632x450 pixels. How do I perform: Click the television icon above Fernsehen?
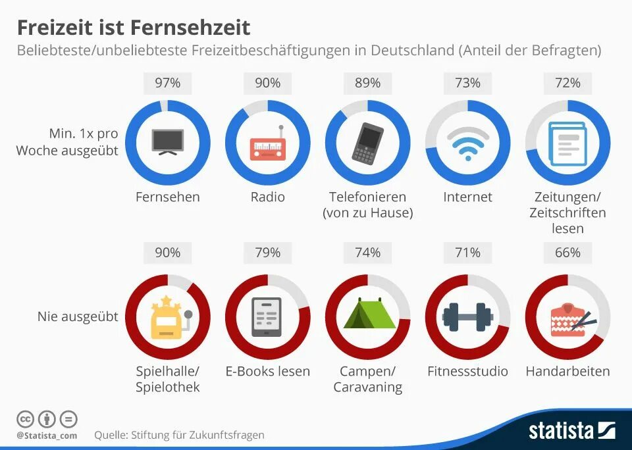167,141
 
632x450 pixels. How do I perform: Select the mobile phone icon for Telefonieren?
367,142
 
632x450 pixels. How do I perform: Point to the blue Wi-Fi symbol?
467,143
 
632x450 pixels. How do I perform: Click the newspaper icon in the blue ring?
567,143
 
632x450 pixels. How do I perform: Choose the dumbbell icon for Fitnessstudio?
467,316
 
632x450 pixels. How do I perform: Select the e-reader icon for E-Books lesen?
267,316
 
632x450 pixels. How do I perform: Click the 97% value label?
167,83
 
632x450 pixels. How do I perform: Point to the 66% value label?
567,253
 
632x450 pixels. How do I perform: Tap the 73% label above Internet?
467,83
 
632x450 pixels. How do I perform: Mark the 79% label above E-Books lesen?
267,253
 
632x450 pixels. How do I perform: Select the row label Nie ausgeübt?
78,316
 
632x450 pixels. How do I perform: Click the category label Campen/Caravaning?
367,379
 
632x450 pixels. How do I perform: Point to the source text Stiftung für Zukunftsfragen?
197,435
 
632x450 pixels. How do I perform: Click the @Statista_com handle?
47,436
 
